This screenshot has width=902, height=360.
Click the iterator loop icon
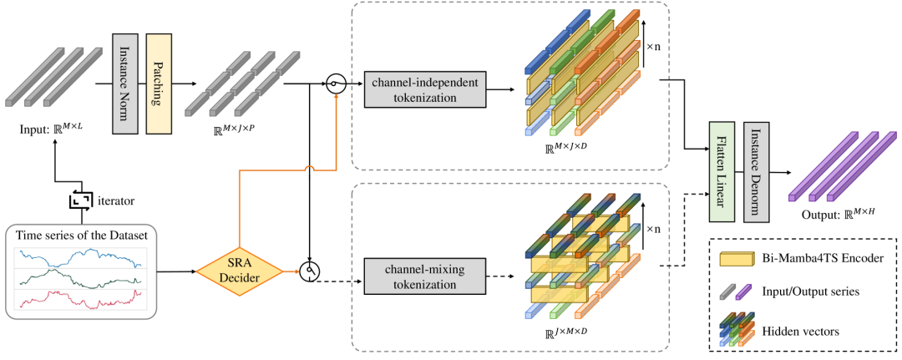[82, 200]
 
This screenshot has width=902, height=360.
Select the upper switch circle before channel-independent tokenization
[337, 84]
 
